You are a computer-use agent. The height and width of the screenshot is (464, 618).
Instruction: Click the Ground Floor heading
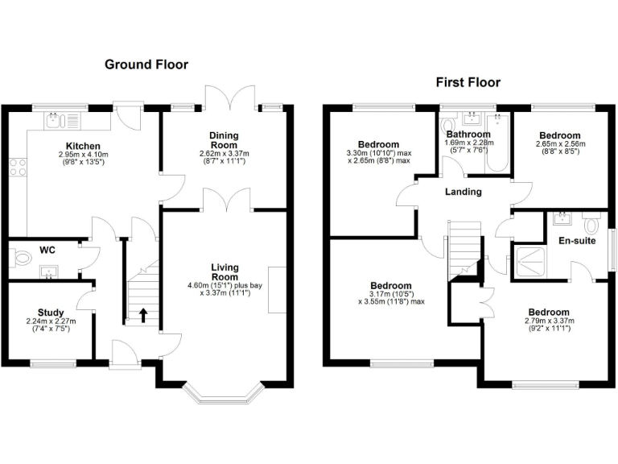pyautogui.click(x=146, y=64)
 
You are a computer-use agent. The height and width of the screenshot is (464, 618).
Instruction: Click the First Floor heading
pyautogui.click(x=468, y=82)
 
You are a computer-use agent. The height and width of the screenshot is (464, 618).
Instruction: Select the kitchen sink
pyautogui.click(x=55, y=122)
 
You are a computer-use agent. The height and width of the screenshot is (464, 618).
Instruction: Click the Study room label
pyautogui.click(x=51, y=313)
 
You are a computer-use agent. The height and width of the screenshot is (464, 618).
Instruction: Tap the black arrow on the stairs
pyautogui.click(x=143, y=314)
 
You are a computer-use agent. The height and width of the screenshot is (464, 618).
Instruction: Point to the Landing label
pyautogui.click(x=463, y=192)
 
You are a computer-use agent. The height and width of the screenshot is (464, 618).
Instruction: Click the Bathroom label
pyautogui.click(x=468, y=135)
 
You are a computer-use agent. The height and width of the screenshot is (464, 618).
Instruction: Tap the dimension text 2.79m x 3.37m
pyautogui.click(x=550, y=321)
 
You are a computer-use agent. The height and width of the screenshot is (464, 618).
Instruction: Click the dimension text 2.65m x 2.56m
pyautogui.click(x=560, y=144)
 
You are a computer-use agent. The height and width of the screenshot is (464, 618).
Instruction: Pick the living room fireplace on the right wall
pyautogui.click(x=278, y=289)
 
